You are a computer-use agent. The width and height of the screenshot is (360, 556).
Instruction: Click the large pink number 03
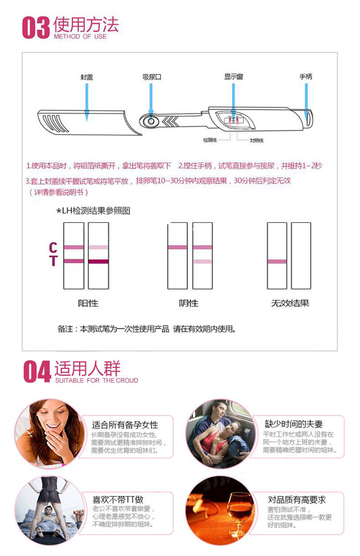coord(36,28)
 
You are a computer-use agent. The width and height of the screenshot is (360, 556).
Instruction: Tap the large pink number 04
coord(37,372)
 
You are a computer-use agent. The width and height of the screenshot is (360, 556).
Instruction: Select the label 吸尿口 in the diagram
coord(152,77)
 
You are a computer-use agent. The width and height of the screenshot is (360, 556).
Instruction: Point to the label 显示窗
coord(233,77)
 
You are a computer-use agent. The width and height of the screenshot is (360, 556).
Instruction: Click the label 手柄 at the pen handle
coord(306,77)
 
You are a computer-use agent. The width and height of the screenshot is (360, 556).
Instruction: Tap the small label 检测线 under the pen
coord(211,140)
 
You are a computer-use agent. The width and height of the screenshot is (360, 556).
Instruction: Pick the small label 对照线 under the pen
coord(256,140)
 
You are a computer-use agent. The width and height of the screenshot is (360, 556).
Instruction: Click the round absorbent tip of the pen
coord(149,121)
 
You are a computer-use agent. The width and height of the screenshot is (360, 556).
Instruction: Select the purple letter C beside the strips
coord(53,247)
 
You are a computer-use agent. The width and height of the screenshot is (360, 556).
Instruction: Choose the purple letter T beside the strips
coord(53,261)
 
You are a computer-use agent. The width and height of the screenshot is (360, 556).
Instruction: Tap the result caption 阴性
coord(189,303)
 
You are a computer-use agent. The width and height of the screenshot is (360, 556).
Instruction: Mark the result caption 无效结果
coord(290,303)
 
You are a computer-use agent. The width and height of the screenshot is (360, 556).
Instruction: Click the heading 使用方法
coord(86,25)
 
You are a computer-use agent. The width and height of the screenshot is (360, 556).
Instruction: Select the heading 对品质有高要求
coord(297,499)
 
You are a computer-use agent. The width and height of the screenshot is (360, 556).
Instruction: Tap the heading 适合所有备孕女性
coord(125,425)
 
